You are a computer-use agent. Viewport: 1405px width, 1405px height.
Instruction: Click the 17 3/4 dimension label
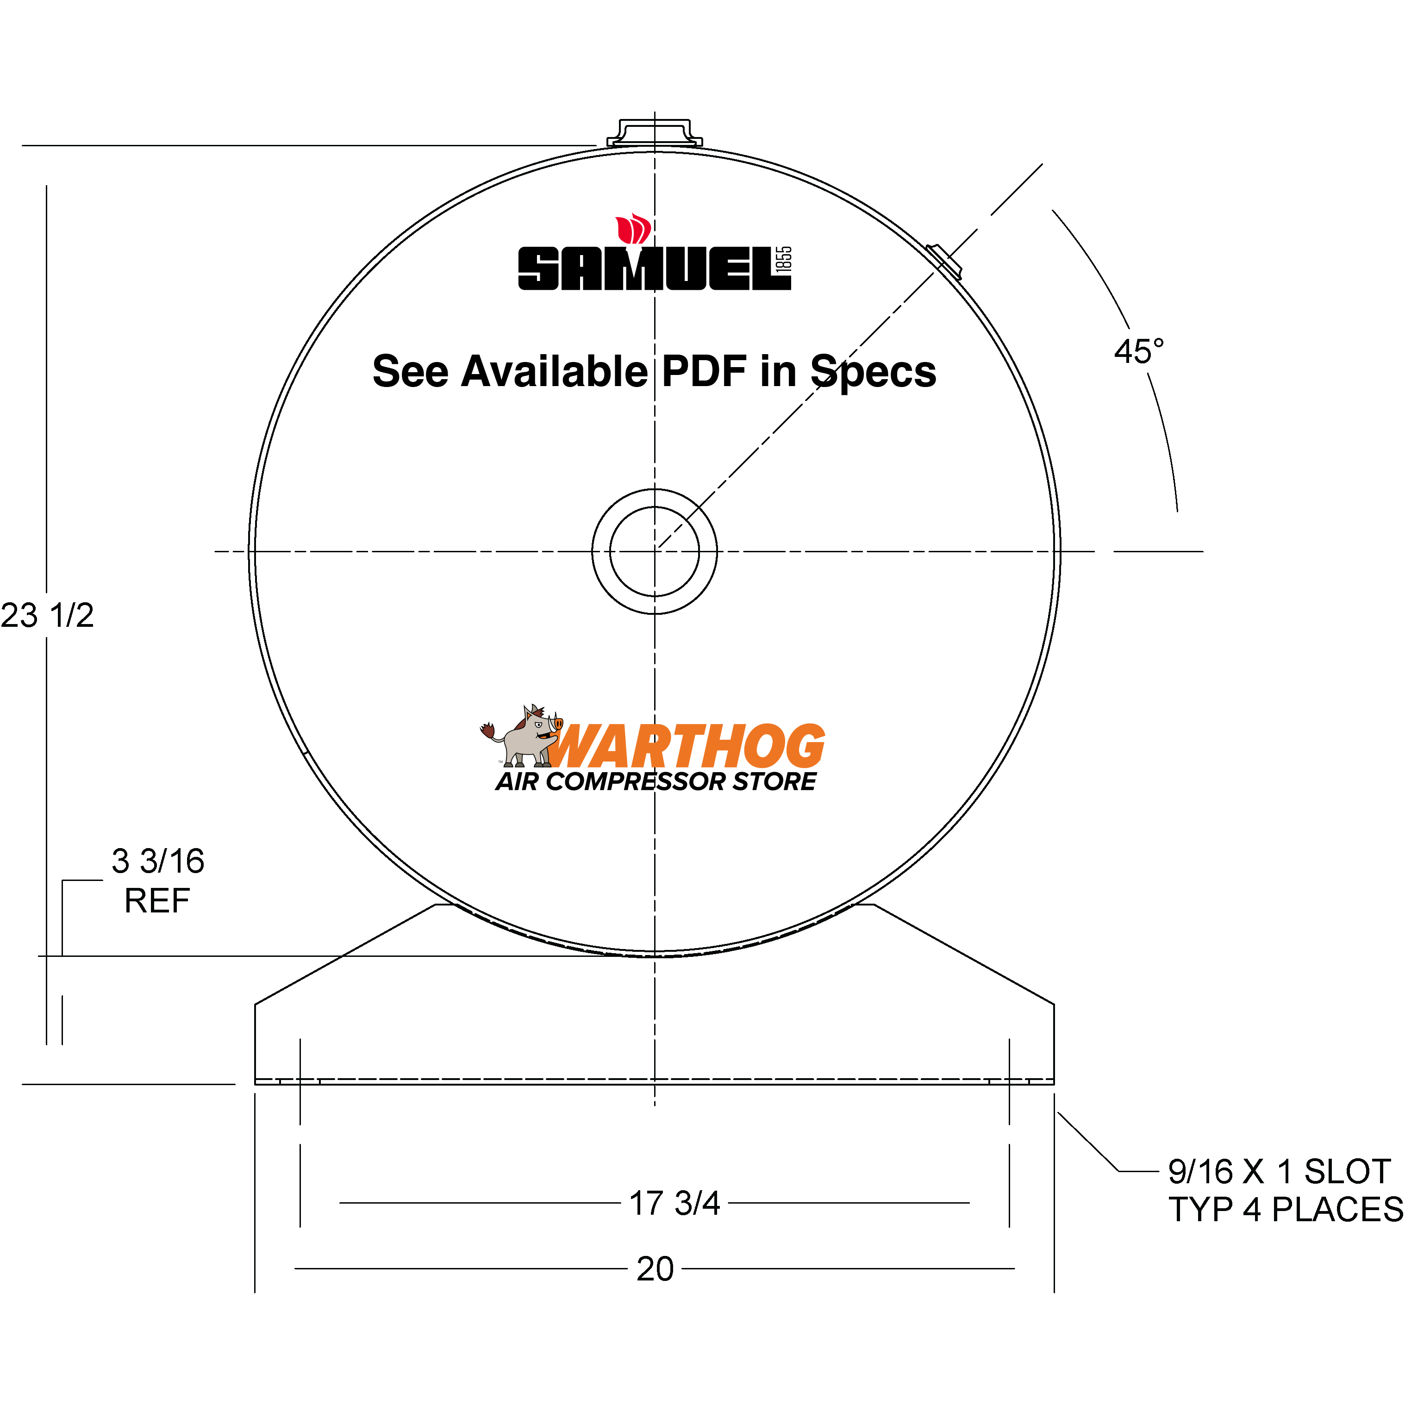[x=674, y=1204]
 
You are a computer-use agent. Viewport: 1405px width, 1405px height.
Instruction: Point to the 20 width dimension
[x=655, y=1269]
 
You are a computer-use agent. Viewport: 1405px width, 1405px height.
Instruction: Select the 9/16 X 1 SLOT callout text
[x=1279, y=1172]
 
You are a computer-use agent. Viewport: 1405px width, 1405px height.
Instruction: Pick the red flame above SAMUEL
[x=633, y=230]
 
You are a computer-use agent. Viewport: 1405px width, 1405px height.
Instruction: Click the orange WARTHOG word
[x=687, y=747]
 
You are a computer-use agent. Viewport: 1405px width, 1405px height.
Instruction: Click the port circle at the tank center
[x=655, y=551]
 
